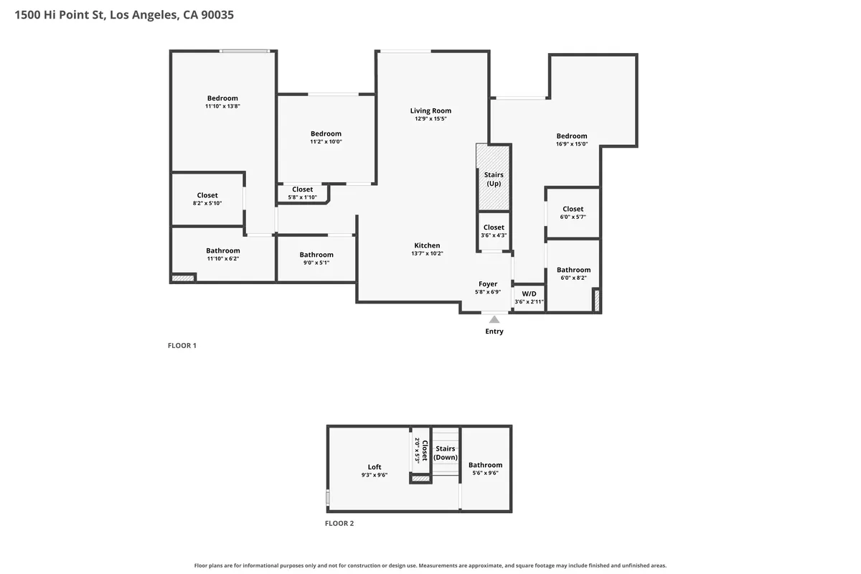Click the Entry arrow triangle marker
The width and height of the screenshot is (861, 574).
pos(494,319)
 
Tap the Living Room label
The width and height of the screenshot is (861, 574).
pos(430,110)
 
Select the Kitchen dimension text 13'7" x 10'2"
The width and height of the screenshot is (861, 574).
pos(427,253)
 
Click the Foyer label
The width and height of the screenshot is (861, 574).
pos(488,283)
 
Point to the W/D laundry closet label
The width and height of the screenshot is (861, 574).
pos(529,293)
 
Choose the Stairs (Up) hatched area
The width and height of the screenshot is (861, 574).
pos(493,177)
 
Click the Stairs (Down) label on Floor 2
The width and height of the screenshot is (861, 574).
pos(446,453)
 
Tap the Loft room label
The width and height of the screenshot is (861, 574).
pos(375,467)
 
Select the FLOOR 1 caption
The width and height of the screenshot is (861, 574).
pos(182,346)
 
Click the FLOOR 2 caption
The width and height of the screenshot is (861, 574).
pos(339,523)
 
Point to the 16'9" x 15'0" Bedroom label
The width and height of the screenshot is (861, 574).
pos(572,136)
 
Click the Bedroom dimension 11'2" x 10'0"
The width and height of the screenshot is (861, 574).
pos(326,141)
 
